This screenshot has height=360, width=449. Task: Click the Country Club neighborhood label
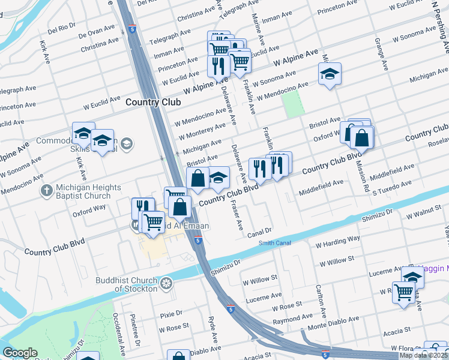153,103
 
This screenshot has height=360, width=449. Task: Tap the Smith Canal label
274,243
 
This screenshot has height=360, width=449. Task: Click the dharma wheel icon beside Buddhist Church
166,283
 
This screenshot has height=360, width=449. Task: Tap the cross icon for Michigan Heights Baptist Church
46,191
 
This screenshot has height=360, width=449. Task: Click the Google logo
20,353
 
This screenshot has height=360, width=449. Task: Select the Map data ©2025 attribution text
424,355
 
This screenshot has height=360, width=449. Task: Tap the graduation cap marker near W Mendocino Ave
329,74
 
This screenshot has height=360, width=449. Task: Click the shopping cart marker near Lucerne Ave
404,293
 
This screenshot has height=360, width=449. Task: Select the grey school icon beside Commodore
127,143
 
